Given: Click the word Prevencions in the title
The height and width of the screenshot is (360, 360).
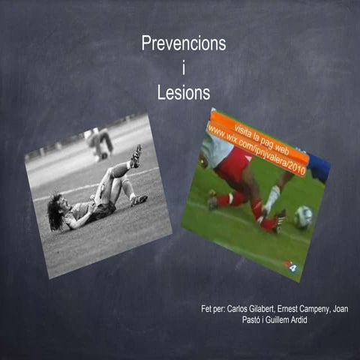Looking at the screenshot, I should (x=184, y=44).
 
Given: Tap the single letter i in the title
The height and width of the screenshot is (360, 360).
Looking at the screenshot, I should (x=184, y=69).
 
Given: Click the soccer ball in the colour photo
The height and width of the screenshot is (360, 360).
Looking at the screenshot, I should (x=303, y=217).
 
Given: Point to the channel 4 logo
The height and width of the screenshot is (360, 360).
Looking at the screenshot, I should (x=289, y=264).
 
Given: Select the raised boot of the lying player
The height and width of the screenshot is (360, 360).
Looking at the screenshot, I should (x=136, y=156).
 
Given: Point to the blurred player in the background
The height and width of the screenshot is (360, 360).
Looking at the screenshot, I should (x=99, y=142).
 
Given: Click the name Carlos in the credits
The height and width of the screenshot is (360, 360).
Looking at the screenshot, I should (x=240, y=309).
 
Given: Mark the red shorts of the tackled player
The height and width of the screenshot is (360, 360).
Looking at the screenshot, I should (x=232, y=168).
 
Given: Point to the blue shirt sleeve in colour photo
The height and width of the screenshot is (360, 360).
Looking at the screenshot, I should (x=318, y=166).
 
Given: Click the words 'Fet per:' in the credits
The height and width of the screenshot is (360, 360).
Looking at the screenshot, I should (x=214, y=309).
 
